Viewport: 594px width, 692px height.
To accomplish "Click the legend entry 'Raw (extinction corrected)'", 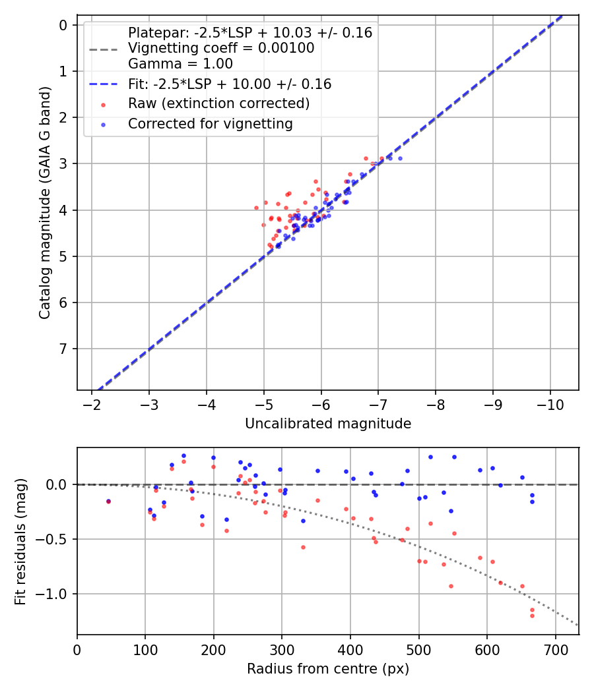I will click(218, 103).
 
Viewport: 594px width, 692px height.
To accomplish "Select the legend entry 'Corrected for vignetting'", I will click(210, 123).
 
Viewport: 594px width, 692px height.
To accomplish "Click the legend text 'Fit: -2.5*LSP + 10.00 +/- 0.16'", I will click(229, 84).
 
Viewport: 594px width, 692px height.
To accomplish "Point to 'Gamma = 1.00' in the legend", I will click(180, 64).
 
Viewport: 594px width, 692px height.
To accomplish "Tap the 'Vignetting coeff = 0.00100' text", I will click(220, 48).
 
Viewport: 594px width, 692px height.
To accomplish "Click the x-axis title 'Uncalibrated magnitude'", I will click(328, 424).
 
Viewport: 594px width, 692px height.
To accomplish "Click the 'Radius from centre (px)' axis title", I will click(328, 669).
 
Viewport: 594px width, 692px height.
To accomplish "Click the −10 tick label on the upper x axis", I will click(550, 404).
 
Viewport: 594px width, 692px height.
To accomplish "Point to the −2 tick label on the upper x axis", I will click(92, 404).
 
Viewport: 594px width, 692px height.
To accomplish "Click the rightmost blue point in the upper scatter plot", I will click(400, 158).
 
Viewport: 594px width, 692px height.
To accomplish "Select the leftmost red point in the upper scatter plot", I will click(256, 208).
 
